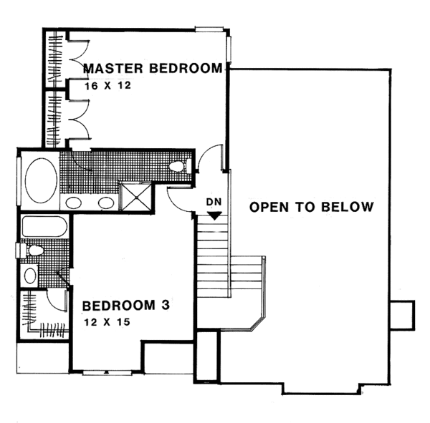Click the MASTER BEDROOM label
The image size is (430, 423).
pos(153,69)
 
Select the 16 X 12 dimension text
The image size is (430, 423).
pos(108,84)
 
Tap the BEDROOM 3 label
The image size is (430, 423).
pos(125,306)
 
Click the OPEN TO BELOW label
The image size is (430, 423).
pos(312,208)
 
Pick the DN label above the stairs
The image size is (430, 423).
pos(213,203)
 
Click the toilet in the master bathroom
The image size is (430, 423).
pos(178,167)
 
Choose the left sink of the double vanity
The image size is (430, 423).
pos(74,203)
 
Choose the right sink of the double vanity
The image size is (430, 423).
pos(106,203)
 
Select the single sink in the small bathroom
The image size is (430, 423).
pos(30,275)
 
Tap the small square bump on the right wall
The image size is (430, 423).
pos(402,313)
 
